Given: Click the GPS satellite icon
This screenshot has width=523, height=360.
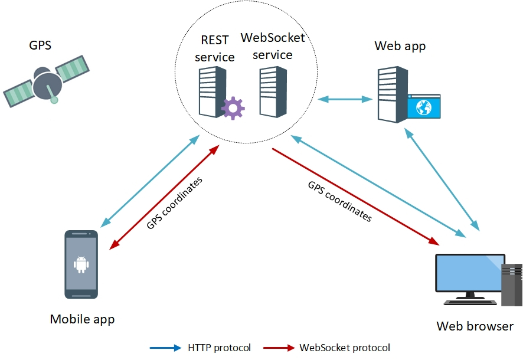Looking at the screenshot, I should [46, 82].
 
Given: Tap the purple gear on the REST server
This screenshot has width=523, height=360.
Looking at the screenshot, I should [233, 107].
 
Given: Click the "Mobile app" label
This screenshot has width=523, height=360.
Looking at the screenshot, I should [82, 319].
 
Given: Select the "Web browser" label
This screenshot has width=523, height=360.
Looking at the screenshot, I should [475, 326].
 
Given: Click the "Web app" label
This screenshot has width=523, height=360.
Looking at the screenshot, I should [400, 46].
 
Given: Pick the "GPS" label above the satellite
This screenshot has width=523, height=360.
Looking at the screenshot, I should [40, 45].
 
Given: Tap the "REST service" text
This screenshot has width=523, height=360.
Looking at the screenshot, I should [215, 49].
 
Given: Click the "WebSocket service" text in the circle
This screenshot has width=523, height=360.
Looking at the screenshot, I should [273, 47].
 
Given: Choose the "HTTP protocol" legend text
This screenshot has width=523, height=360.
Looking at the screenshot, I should [219, 348].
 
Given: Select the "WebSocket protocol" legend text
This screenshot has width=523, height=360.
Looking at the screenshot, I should [345, 348].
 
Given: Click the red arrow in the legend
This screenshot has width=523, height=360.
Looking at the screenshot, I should [278, 348].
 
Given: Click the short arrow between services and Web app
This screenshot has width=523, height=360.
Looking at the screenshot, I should [344, 99].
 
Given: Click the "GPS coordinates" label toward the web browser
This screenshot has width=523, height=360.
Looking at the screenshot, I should [340, 201].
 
